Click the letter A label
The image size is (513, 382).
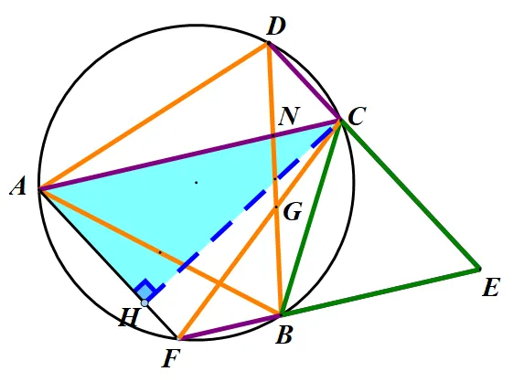point(18,187)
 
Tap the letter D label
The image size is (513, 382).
point(276,27)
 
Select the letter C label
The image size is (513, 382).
point(357,116)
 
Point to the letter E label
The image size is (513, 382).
point(491,287)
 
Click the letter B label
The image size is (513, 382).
point(283,334)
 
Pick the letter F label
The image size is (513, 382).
point(171,359)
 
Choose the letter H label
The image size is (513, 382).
point(129,317)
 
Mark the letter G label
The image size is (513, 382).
point(293,212)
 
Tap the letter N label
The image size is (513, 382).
point(289,116)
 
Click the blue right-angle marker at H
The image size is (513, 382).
point(145,290)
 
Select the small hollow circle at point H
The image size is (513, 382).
point(144,302)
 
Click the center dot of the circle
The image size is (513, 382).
point(197,182)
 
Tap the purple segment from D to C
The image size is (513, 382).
point(305,81)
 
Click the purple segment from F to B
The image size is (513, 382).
point(229,326)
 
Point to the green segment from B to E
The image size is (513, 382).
point(379,292)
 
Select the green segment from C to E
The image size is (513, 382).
point(410,195)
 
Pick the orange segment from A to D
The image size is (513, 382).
point(154,116)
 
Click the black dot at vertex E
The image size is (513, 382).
point(479,270)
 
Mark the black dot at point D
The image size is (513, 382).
point(269,43)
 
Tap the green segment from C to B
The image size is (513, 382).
point(311,218)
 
